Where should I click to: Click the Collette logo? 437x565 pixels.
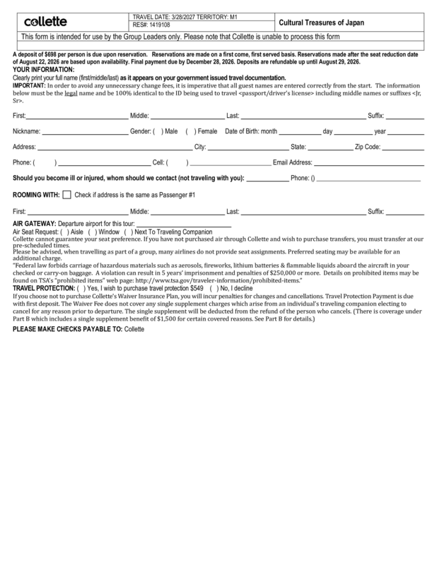click(46, 22)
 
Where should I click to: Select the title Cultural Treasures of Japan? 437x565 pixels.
click(323, 23)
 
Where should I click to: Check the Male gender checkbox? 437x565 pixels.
click(158, 131)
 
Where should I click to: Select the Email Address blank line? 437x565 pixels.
click(368, 162)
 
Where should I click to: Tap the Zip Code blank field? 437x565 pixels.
click(403, 148)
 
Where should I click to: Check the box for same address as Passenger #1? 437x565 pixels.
click(66, 194)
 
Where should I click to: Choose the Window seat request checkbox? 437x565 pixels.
click(92, 232)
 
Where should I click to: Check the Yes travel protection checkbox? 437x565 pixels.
click(81, 288)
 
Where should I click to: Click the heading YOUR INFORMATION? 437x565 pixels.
click(43, 70)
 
